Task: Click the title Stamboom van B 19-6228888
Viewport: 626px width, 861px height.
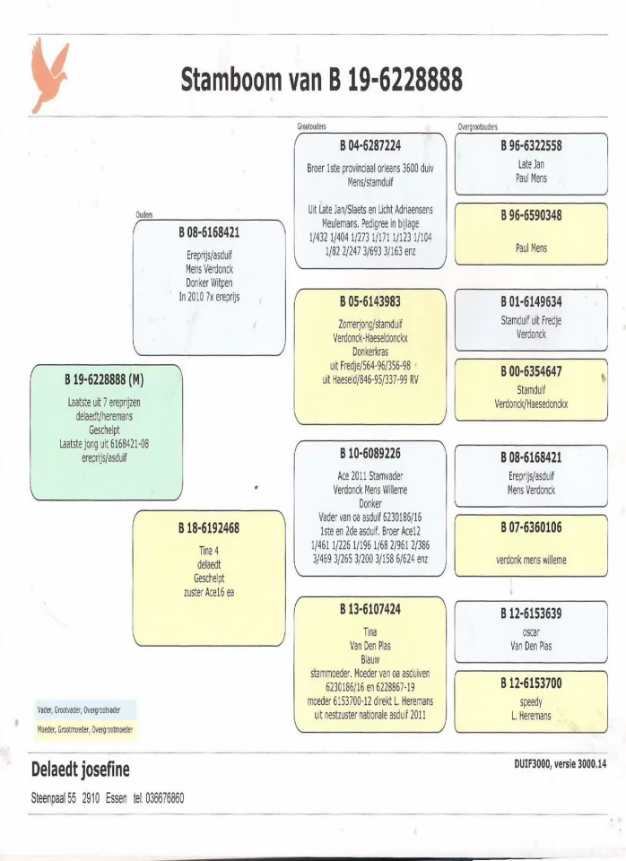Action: pos(321,81)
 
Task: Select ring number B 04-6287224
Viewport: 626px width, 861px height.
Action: pos(370,146)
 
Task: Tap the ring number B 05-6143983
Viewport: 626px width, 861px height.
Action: pos(370,301)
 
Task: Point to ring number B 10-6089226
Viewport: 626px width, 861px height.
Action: pos(370,455)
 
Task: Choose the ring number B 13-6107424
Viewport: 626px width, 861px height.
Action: pos(370,609)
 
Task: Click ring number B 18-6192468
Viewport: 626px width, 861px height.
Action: pos(209,528)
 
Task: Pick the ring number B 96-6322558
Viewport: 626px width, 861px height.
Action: pos(531,146)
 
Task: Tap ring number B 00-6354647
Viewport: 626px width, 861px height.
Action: pos(531,371)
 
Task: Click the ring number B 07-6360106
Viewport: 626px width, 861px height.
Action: pos(531,527)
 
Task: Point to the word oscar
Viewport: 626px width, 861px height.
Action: pos(531,631)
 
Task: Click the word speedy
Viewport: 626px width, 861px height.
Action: pos(531,701)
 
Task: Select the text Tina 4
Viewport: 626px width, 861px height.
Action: pos(209,551)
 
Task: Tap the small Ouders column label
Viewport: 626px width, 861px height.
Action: pos(144,215)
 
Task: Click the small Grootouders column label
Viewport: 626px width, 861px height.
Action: pos(312,128)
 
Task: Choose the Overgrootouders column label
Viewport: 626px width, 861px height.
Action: pos(477,128)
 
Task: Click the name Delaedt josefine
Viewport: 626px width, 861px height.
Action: pos(80,770)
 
